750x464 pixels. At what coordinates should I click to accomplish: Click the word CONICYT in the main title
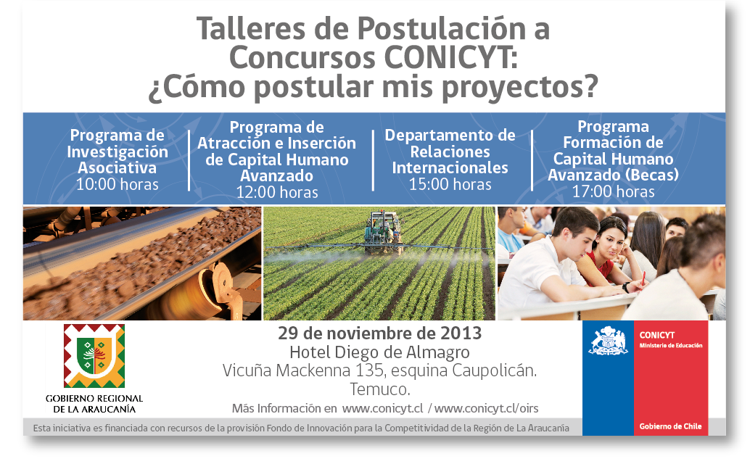[450, 57]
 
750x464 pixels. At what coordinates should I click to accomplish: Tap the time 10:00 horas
[118, 184]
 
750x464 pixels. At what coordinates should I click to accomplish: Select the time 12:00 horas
[277, 192]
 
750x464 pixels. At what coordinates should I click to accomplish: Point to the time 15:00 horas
[450, 184]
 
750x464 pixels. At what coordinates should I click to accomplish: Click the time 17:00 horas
[613, 191]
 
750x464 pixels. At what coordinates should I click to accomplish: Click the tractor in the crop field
[383, 232]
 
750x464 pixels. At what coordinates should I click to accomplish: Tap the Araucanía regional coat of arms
[94, 356]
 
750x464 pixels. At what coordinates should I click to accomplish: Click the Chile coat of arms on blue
[608, 341]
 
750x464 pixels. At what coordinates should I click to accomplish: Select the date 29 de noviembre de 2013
[380, 333]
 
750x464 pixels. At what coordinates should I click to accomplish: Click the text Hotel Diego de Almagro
[380, 352]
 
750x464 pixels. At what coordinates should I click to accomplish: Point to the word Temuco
[380, 389]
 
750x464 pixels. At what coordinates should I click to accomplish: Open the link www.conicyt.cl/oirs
[486, 409]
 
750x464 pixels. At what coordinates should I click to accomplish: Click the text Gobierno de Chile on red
[671, 426]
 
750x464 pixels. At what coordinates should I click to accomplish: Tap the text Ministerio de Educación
[671, 345]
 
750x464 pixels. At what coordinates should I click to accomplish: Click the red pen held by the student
[643, 278]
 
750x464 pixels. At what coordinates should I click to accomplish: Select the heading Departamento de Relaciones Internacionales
[450, 152]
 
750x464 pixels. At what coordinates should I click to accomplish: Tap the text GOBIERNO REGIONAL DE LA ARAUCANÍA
[94, 404]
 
